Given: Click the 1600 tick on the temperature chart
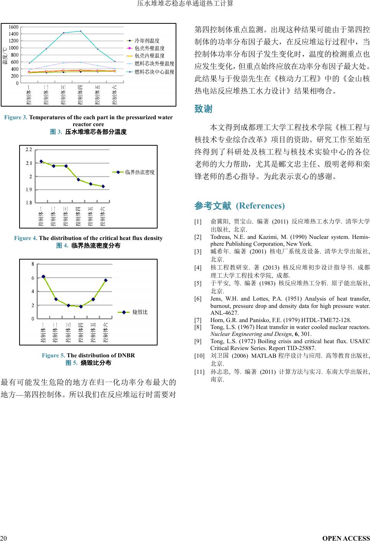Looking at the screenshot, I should pos(13,27).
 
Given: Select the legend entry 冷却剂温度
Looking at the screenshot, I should pos(147,41).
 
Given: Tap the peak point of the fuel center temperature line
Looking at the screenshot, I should pos(81,31).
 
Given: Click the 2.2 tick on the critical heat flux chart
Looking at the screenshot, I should pos(29,150).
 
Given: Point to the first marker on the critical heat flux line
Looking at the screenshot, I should pos(41,161).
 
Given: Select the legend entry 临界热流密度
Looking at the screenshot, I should pos(140,172).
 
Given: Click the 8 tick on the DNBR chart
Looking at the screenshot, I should pos(33,264).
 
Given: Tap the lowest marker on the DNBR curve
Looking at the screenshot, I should pos(81,306).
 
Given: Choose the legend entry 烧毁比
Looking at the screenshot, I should pos(140,312).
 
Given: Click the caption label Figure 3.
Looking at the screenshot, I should pos(16,117).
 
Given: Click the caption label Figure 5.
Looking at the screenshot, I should pos(53,355).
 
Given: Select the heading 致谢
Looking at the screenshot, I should pos(203,109).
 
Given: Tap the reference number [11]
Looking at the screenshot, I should pos(199,372).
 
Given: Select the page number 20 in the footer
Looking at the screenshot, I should pos(3,538).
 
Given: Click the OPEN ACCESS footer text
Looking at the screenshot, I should pos(346,538).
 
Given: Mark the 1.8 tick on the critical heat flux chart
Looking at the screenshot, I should pos(29,203).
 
